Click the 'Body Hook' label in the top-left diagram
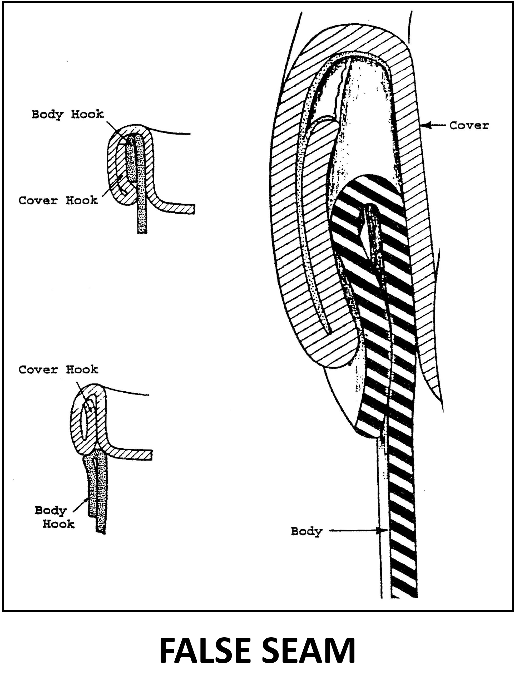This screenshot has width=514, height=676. [68, 115]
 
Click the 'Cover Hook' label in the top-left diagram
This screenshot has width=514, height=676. [58, 201]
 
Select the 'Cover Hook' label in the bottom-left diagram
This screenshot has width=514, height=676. [58, 370]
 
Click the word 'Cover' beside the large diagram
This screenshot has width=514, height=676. [469, 125]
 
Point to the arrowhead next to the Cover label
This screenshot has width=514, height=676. [426, 125]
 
